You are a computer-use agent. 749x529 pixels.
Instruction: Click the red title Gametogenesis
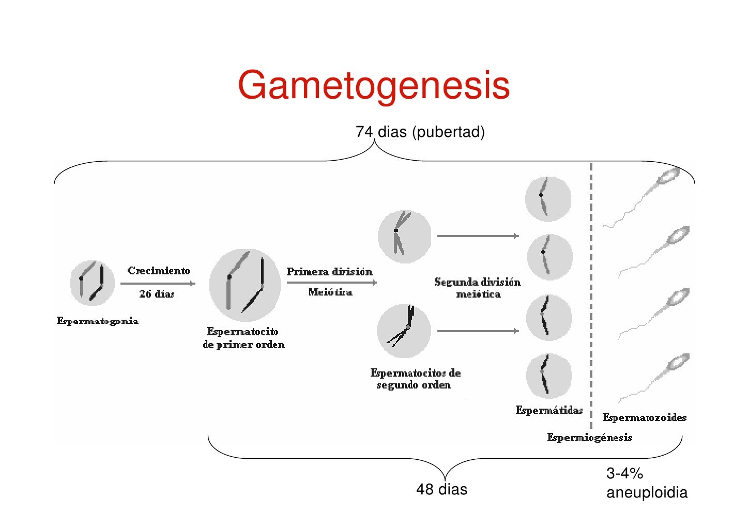pyautogui.click(x=374, y=85)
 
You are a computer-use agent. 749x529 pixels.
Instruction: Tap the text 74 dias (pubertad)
pyautogui.click(x=420, y=132)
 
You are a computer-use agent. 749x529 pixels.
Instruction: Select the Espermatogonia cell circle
pyautogui.click(x=93, y=283)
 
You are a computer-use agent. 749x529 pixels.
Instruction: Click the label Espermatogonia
pyautogui.click(x=97, y=321)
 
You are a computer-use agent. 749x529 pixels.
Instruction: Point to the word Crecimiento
pyautogui.click(x=159, y=271)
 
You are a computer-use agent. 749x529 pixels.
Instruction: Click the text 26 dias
pyautogui.click(x=157, y=293)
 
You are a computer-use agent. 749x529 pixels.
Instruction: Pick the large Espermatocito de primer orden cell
pyautogui.click(x=245, y=285)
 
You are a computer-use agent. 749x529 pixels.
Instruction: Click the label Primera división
pyautogui.click(x=329, y=272)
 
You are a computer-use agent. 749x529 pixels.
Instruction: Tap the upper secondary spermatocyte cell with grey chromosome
pyautogui.click(x=404, y=237)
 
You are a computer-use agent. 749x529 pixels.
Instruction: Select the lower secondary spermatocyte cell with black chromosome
pyautogui.click(x=404, y=331)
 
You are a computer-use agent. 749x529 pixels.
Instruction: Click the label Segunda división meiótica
pyautogui.click(x=478, y=288)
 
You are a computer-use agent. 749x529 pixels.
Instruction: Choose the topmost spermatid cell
pyautogui.click(x=548, y=199)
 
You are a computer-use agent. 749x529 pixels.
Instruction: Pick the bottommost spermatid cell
pyautogui.click(x=548, y=376)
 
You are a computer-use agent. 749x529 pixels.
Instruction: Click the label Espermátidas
pyautogui.click(x=549, y=410)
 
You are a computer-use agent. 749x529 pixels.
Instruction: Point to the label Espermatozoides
pyautogui.click(x=644, y=417)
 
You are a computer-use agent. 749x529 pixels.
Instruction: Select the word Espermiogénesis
pyautogui.click(x=590, y=438)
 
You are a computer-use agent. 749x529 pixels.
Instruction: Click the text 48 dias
pyautogui.click(x=441, y=489)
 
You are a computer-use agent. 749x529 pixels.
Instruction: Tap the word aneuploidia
pyautogui.click(x=647, y=492)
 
